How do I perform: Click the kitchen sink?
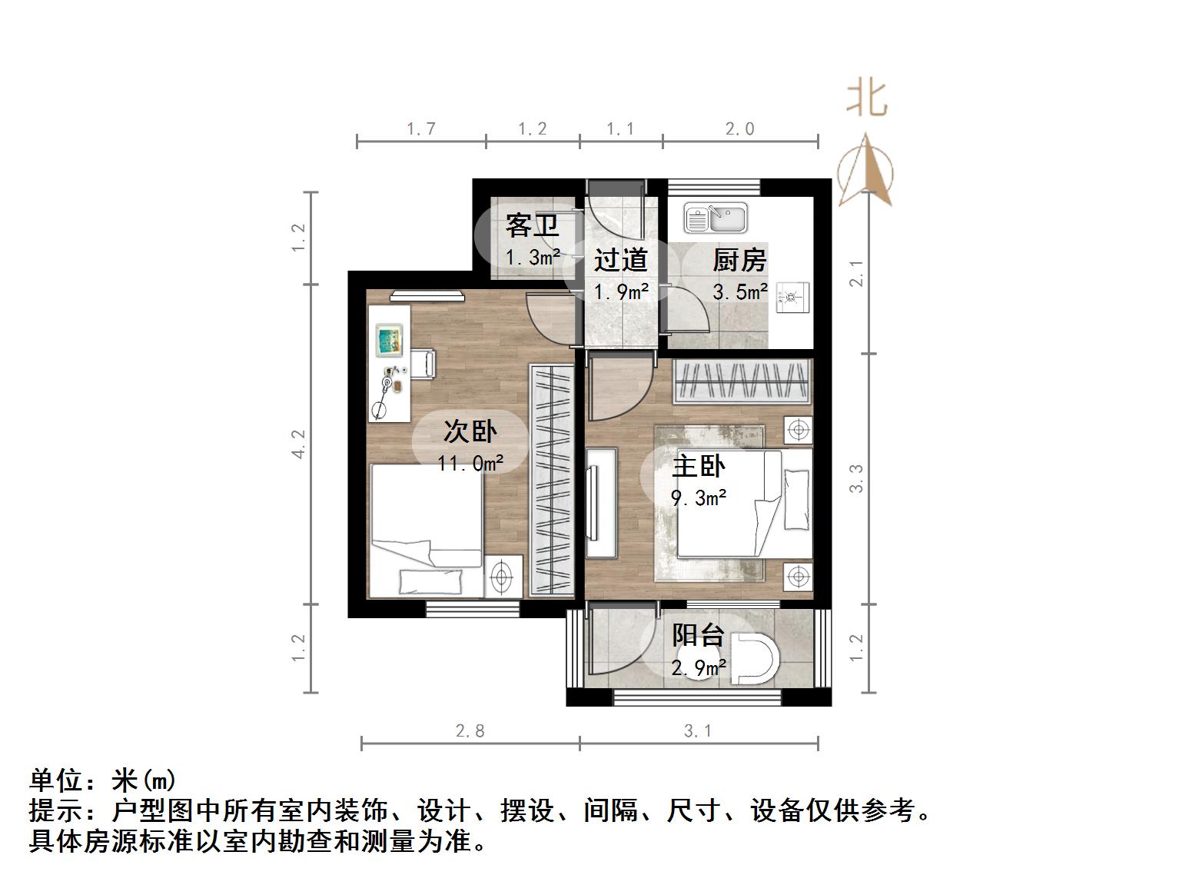(x=715, y=218)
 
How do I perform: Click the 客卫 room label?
(x=531, y=226)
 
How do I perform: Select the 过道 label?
(x=620, y=260)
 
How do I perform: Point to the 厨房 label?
(x=739, y=260)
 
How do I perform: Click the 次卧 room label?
(x=470, y=431)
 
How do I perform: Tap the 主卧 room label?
(x=699, y=466)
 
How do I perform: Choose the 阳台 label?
(x=698, y=636)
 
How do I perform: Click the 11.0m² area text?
(x=470, y=463)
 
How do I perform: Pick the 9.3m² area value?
(x=699, y=498)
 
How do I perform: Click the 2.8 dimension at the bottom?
(x=470, y=730)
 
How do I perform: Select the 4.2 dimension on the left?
(x=299, y=444)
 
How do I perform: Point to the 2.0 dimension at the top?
(x=740, y=129)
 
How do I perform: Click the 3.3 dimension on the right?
(x=857, y=478)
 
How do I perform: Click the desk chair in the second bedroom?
(x=422, y=363)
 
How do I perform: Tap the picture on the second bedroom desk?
(x=390, y=340)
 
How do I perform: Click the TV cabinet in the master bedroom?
(x=601, y=503)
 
